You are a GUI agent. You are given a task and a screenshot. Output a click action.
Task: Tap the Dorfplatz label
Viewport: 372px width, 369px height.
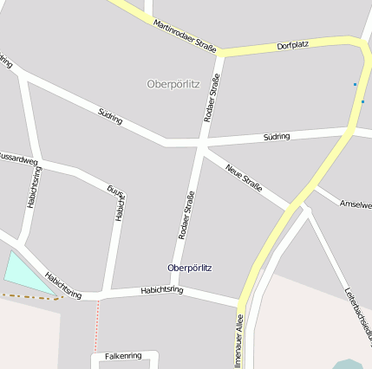(293, 44)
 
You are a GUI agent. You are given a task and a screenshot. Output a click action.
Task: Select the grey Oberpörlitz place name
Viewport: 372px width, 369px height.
(173, 84)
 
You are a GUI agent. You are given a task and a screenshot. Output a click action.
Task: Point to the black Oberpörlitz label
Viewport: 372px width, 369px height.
(189, 268)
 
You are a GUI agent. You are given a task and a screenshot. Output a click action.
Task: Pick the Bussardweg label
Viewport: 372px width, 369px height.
(18, 159)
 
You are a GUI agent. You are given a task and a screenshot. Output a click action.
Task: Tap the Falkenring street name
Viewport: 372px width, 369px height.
(122, 356)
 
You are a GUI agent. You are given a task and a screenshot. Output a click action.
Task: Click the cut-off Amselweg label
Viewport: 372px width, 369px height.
(356, 204)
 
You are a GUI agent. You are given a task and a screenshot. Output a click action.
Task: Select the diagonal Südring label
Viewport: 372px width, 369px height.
(110, 117)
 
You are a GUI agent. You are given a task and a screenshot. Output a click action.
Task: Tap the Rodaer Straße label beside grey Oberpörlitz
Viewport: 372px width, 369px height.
(212, 98)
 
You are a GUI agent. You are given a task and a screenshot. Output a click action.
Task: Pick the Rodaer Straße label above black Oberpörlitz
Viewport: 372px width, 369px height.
(185, 214)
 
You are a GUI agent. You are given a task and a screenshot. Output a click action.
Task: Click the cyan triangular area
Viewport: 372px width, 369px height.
(24, 275)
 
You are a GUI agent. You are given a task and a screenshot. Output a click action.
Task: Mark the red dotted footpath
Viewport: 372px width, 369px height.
(96, 325)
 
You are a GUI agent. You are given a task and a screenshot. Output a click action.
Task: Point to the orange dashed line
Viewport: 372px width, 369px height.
(30, 296)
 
